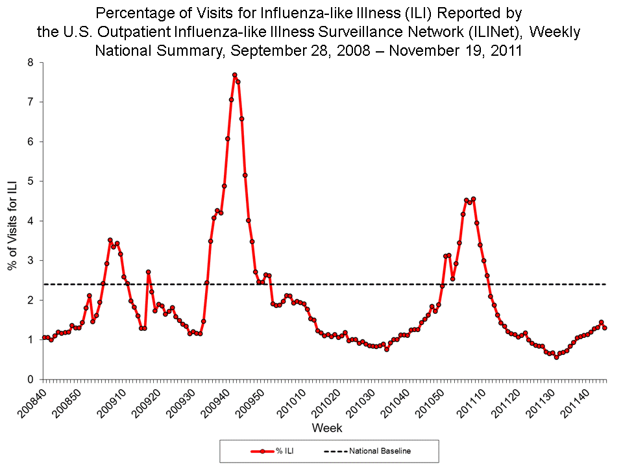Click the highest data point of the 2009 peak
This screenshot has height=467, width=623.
click(x=234, y=75)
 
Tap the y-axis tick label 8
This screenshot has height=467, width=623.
click(x=30, y=63)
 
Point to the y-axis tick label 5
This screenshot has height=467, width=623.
click(x=30, y=181)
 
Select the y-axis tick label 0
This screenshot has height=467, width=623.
click(x=30, y=379)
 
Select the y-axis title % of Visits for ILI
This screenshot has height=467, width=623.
click(x=12, y=221)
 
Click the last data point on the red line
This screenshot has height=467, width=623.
click(x=605, y=328)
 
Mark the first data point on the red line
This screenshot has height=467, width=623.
click(x=44, y=337)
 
